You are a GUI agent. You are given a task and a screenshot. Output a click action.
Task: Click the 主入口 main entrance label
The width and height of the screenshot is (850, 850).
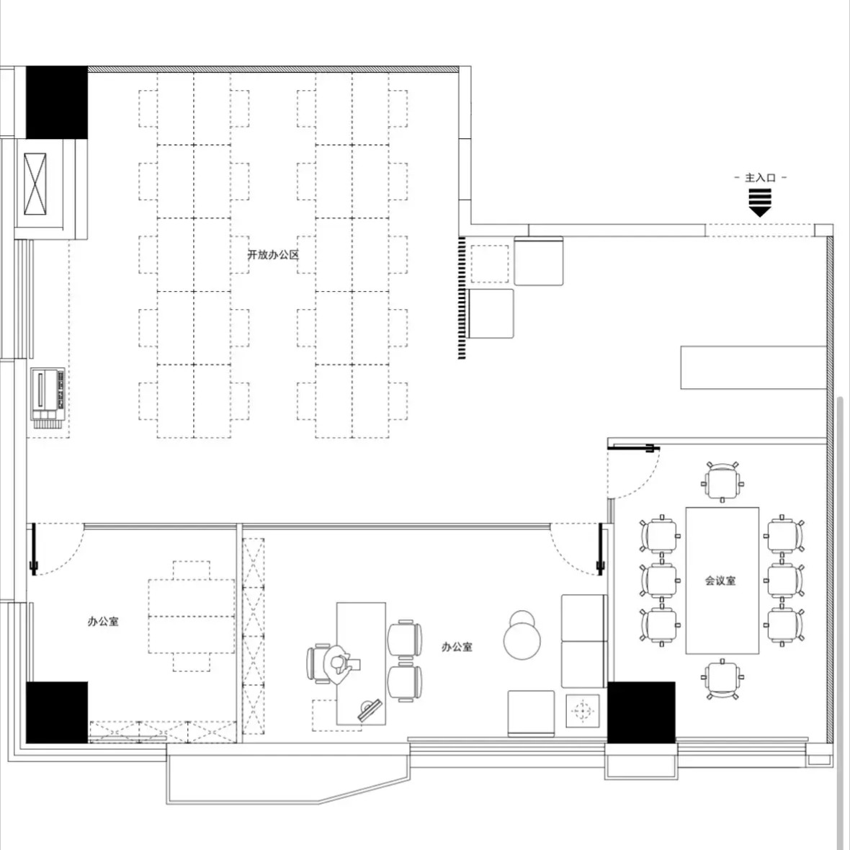(760, 178)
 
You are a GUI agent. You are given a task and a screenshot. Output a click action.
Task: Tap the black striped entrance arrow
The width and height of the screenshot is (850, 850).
(760, 202)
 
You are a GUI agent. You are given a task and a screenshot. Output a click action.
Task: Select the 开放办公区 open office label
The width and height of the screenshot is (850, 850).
(273, 255)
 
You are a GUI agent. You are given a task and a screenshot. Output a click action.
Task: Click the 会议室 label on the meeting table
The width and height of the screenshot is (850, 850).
(720, 581)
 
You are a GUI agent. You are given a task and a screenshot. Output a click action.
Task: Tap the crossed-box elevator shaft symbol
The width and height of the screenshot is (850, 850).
(35, 184)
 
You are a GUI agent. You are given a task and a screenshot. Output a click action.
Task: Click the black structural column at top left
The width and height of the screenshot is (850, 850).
(57, 102)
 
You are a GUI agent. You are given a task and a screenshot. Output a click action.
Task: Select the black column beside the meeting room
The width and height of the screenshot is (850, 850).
(641, 712)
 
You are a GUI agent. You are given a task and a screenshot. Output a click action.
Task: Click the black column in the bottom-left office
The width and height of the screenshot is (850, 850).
(57, 712)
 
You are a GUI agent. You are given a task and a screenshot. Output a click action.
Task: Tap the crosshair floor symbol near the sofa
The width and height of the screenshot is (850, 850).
(583, 710)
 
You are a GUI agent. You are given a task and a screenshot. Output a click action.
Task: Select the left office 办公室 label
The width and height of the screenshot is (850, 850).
(103, 621)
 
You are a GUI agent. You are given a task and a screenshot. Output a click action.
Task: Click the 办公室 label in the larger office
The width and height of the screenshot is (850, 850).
(457, 647)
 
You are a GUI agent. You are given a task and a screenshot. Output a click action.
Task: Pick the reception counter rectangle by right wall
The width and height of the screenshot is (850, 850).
(753, 367)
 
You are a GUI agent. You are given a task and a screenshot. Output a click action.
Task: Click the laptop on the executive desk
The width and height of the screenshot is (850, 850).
(370, 710)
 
